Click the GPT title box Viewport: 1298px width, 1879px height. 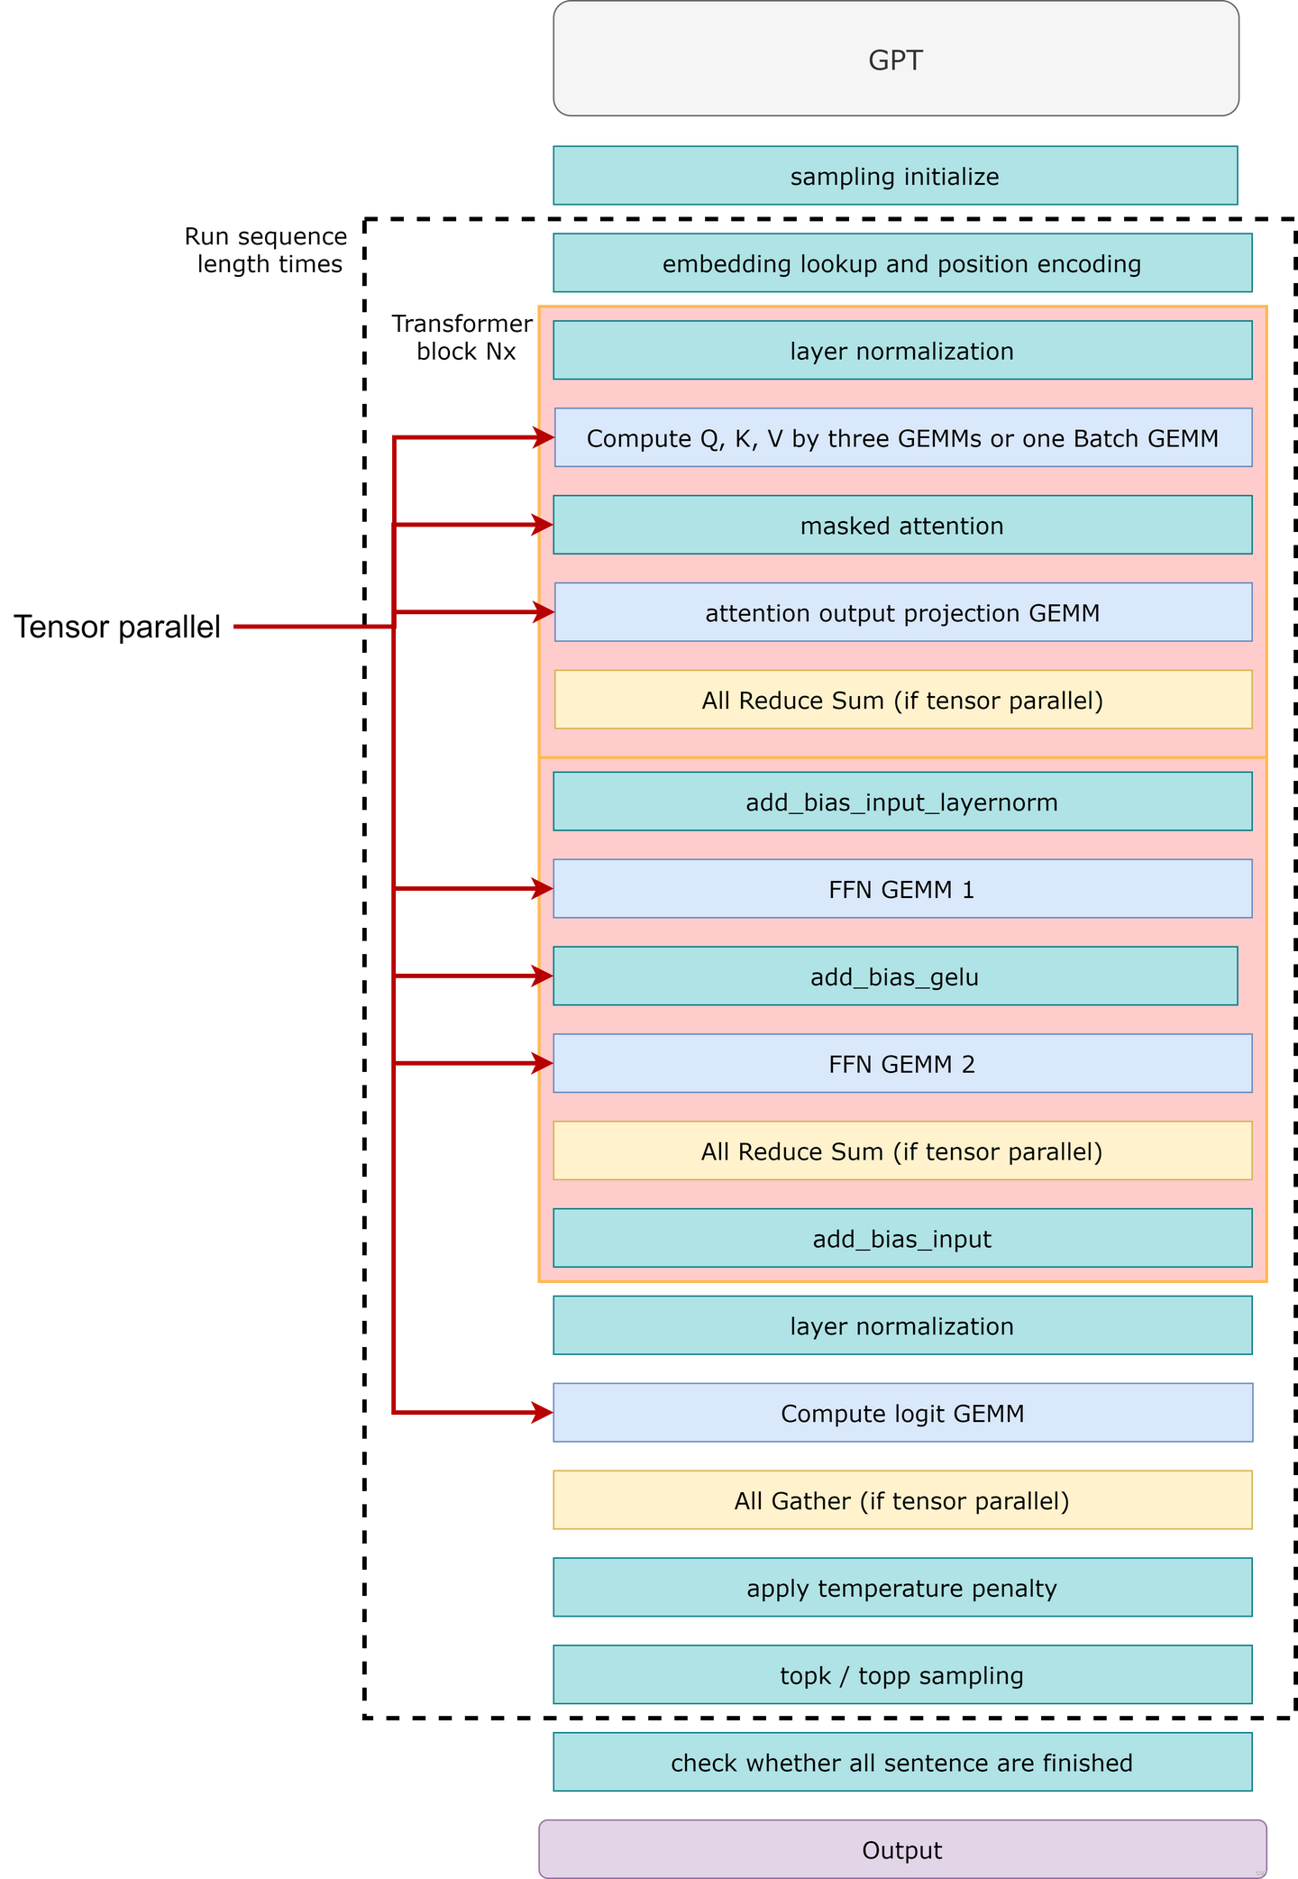tap(895, 60)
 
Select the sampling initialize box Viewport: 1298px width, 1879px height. tap(895, 176)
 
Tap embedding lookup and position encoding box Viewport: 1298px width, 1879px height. tap(901, 263)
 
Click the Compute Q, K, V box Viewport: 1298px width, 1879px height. tap(902, 438)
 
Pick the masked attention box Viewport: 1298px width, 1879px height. tap(901, 525)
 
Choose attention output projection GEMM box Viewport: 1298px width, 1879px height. tap(902, 612)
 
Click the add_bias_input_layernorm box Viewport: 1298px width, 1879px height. tap(901, 802)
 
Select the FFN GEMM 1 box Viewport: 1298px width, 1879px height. tap(901, 889)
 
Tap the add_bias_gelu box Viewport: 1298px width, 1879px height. tap(894, 976)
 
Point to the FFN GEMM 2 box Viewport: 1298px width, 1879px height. tap(901, 1064)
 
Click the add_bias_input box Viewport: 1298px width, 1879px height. tap(901, 1238)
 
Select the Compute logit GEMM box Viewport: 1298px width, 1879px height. tap(901, 1413)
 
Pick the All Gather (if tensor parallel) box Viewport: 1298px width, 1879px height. tap(901, 1500)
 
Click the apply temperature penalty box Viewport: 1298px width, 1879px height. tap(901, 1588)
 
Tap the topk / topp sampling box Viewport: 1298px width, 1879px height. tap(901, 1675)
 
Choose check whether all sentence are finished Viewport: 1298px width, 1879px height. tap(901, 1763)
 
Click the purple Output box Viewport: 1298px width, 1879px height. tap(901, 1849)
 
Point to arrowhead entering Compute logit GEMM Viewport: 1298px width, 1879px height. tap(542, 1413)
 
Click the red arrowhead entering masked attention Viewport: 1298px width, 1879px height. tap(542, 525)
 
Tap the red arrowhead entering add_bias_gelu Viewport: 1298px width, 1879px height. tap(542, 976)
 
